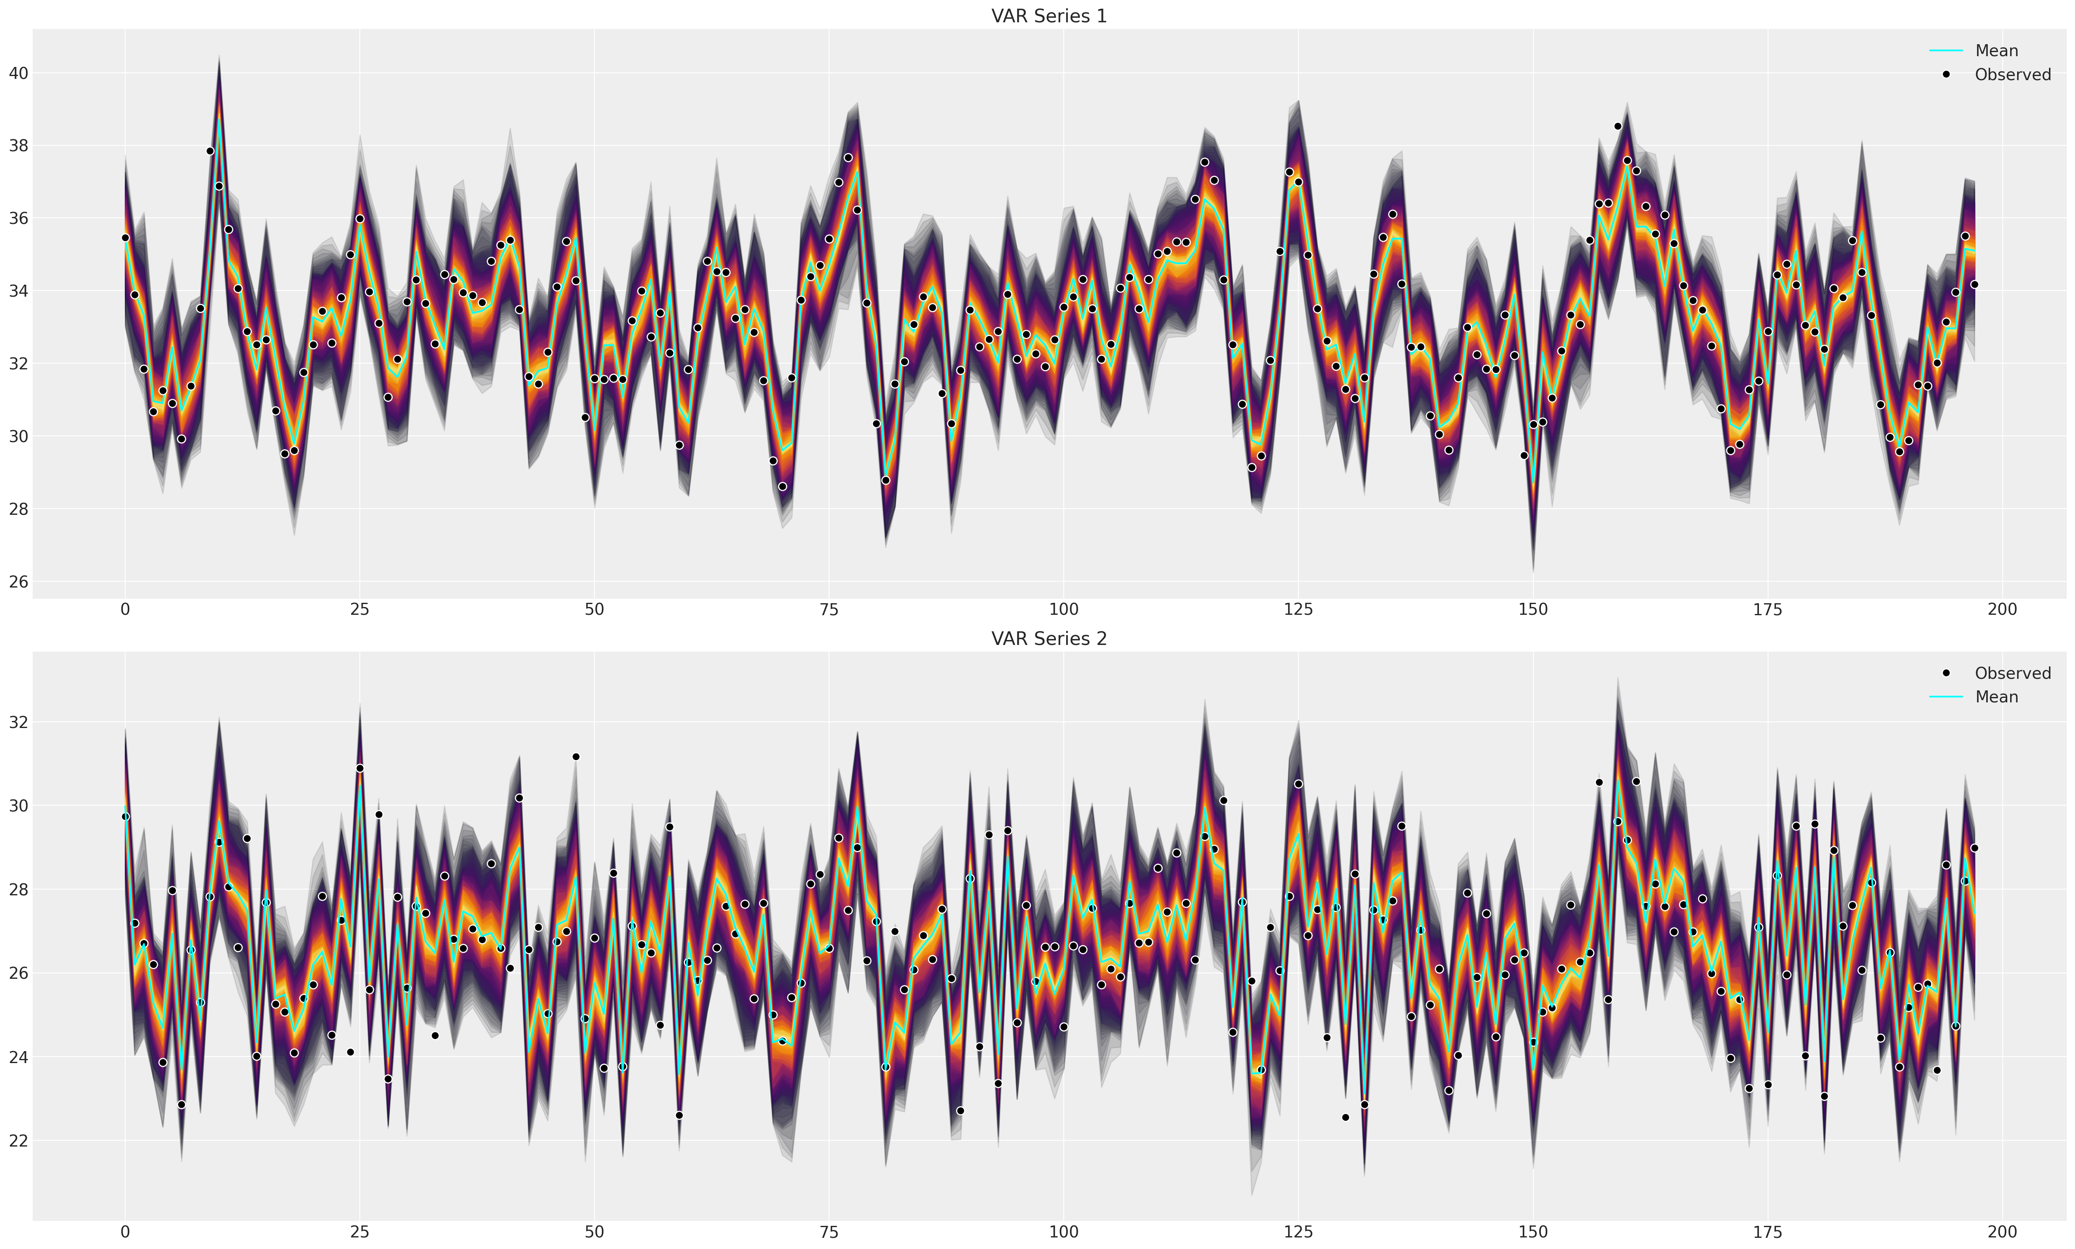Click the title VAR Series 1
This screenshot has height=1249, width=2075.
pos(1048,16)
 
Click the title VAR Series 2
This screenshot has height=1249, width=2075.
pos(1048,639)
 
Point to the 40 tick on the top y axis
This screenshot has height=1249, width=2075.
pos(19,73)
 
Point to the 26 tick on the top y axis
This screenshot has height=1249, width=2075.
pos(19,582)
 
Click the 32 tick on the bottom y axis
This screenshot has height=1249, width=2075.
pos(19,722)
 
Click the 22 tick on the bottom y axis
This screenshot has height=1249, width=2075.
pos(19,1140)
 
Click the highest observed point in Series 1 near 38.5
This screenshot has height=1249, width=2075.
pos(1617,126)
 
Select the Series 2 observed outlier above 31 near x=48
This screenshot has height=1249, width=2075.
pos(575,757)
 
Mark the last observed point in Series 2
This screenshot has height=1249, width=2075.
pos(1974,847)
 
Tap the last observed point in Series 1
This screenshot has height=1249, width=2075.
pos(1974,285)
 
